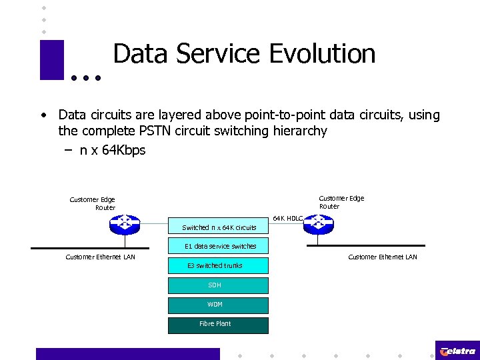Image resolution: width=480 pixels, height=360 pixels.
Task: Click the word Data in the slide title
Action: point(141,54)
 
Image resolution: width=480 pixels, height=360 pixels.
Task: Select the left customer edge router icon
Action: point(125,225)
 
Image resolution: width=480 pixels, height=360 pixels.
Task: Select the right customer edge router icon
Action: point(319,225)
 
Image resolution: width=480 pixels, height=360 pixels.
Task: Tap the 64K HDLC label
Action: point(288,218)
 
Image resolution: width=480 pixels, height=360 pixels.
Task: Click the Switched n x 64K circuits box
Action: point(219,227)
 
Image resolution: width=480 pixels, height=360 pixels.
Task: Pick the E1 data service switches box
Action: point(220,246)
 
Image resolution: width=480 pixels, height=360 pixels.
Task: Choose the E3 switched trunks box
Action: point(217,265)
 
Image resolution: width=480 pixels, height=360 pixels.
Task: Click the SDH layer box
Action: point(217,285)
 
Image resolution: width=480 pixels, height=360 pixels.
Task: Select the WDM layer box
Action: point(217,305)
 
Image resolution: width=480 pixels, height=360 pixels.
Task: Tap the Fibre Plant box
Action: point(217,324)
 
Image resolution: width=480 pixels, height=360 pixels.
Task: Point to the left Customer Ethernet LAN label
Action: point(100,257)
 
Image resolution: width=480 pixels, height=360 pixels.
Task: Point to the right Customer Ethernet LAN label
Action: point(383,257)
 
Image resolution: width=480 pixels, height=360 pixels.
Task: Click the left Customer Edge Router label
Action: point(93,203)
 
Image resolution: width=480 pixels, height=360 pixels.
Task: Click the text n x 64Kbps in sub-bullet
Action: point(112,151)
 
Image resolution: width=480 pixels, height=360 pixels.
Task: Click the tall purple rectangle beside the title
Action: point(51,60)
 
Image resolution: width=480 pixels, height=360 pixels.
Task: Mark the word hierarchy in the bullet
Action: point(300,131)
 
